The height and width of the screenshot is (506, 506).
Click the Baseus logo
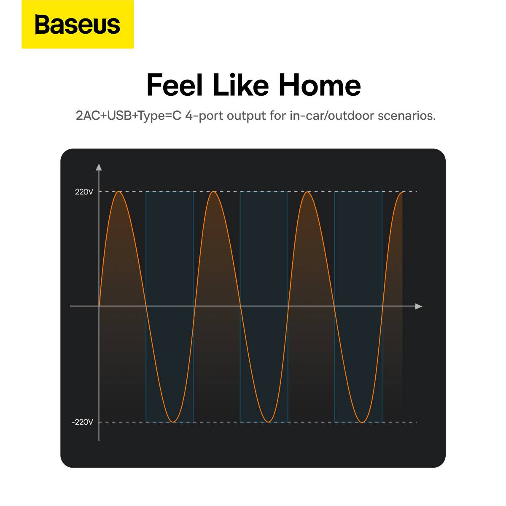78,24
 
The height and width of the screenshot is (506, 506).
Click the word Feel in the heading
174,85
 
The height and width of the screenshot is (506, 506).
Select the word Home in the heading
320,85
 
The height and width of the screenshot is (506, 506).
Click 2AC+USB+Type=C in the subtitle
129,116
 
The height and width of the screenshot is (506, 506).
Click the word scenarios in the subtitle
406,116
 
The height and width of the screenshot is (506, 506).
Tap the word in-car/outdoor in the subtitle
332,116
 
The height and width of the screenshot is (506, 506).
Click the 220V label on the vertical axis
84,192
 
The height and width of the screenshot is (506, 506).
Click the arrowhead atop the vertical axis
99,167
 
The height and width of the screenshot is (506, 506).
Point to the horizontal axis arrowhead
419,306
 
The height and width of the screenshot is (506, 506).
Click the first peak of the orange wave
119,191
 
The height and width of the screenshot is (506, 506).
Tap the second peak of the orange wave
213,191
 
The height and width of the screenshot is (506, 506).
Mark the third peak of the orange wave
307,192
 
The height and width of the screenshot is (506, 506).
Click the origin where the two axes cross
99,306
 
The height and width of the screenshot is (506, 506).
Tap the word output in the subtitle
246,116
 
